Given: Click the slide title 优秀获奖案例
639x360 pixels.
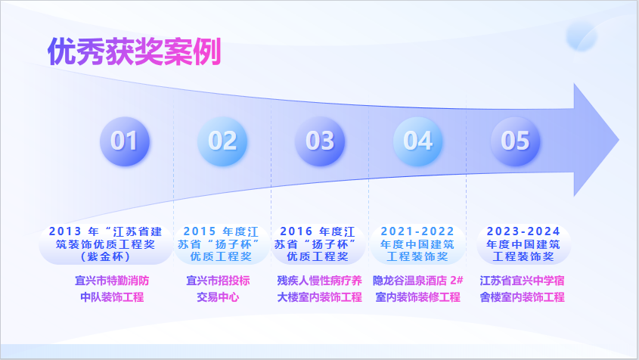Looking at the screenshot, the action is pos(134,51).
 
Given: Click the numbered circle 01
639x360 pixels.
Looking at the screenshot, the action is pos(125,141).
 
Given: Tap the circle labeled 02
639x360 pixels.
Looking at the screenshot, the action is pos(222,141).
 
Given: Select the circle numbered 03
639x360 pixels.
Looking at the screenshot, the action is pos(320,141).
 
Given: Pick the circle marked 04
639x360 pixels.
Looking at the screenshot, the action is pos(417,141).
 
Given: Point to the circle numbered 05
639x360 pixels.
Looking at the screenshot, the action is pos(515,141).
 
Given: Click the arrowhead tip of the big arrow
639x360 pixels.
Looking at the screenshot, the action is pos(619,140).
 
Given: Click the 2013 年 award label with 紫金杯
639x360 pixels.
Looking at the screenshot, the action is pos(106,244).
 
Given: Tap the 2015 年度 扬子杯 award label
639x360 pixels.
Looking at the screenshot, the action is pos(221,244).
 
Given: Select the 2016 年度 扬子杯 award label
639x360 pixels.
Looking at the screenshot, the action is pos(318,244).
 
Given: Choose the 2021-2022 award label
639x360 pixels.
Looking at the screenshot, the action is pos(417,244).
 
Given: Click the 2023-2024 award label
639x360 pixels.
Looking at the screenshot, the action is pos(523,244).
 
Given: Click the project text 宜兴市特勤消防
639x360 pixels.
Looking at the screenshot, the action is pos(112,281).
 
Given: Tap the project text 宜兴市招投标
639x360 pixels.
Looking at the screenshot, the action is pos(218,281).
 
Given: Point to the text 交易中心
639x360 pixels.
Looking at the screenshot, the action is pos(218,296).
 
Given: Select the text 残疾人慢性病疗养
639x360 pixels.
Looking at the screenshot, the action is pos(319,281).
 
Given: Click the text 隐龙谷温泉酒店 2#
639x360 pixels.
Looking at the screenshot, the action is pos(418,281).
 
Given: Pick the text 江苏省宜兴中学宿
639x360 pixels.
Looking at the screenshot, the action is pos(522,281).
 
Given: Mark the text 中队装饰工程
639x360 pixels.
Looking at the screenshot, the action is pos(112,296).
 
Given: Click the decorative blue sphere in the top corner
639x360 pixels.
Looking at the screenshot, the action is pos(582,36).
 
